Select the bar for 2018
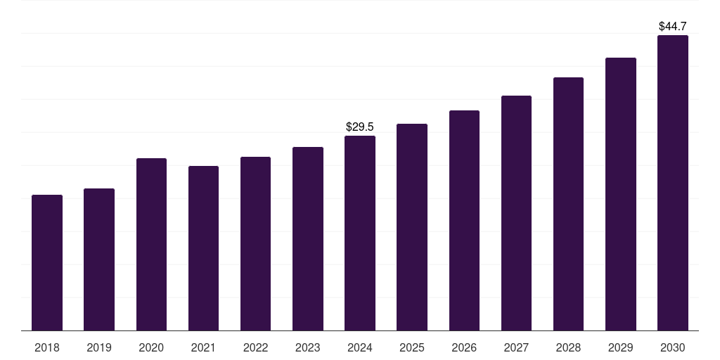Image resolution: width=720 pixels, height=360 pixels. pyautogui.click(x=47, y=263)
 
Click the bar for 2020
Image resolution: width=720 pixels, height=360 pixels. pyautogui.click(x=151, y=244)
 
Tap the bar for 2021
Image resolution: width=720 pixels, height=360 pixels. pyautogui.click(x=203, y=248)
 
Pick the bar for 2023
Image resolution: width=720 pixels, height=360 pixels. pyautogui.click(x=308, y=239)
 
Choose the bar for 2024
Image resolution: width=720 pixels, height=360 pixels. pyautogui.click(x=360, y=233)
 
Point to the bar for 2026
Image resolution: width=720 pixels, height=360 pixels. pyautogui.click(x=464, y=220)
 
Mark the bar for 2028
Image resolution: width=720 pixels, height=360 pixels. pyautogui.click(x=568, y=204)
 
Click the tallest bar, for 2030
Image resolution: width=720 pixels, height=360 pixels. pyautogui.click(x=673, y=183)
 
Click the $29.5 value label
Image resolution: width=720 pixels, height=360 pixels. pyautogui.click(x=360, y=127)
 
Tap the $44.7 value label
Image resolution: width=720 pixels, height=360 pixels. pyautogui.click(x=673, y=26)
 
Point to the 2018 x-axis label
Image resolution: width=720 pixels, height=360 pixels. pyautogui.click(x=47, y=347)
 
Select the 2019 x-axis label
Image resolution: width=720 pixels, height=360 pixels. pyautogui.click(x=99, y=347)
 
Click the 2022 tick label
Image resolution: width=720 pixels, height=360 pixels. pyautogui.click(x=255, y=347)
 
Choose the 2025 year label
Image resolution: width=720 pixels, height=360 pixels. pyautogui.click(x=412, y=347)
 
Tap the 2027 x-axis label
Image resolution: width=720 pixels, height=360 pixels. pyautogui.click(x=516, y=347)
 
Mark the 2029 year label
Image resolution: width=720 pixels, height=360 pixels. pyautogui.click(x=620, y=347)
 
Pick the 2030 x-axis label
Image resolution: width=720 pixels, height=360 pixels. pyautogui.click(x=673, y=347)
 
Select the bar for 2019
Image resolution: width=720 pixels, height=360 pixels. pyautogui.click(x=99, y=259)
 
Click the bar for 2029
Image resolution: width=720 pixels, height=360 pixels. pyautogui.click(x=620, y=194)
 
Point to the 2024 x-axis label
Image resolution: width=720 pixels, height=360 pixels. pyautogui.click(x=360, y=347)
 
